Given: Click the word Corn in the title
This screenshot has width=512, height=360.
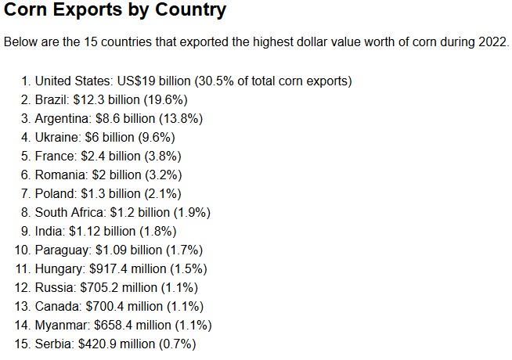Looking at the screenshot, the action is [25, 9].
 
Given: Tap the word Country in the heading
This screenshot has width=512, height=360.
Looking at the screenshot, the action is [190, 10].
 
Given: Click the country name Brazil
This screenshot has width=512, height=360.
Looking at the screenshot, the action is [52, 100].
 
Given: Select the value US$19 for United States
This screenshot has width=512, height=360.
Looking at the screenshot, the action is [136, 81].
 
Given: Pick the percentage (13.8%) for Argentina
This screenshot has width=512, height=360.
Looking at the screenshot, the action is [181, 118].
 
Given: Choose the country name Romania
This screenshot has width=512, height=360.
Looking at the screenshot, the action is [61, 175].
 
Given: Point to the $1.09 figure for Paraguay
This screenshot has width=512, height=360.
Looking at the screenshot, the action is [111, 250].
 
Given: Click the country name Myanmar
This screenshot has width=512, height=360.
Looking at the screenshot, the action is [62, 326].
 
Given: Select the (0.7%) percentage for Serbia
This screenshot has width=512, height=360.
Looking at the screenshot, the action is [177, 344].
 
